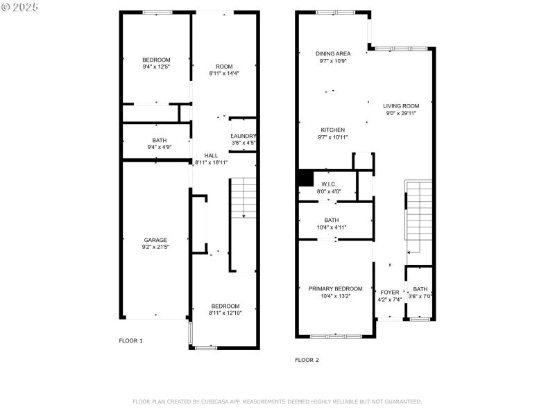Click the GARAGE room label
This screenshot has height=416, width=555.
click(155, 240)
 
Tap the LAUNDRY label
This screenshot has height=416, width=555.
click(244, 136)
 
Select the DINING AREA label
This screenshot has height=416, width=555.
click(333, 53)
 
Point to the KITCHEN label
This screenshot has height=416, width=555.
click(332, 130)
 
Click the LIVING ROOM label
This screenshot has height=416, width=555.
click(401, 106)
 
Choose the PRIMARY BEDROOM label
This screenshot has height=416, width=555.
click(336, 288)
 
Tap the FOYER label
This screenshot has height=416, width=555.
click(389, 292)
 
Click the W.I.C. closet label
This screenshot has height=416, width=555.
click(329, 184)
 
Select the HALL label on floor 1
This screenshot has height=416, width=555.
click(211, 155)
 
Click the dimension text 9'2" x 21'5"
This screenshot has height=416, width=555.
click(155, 247)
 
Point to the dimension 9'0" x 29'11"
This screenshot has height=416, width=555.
click(401, 113)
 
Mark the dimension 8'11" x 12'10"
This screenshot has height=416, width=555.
click(225, 313)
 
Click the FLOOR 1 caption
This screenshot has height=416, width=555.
click(130, 340)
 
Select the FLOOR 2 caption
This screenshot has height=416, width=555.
click(307, 360)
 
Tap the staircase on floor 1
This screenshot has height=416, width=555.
click(243, 198)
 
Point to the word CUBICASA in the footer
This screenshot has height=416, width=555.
click(219, 401)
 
